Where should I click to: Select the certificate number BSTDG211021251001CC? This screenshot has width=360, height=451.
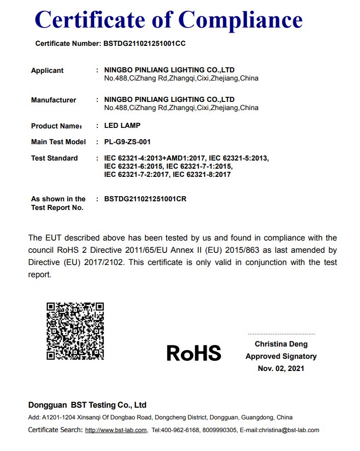point(145,43)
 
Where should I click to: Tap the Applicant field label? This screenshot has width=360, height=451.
point(47,70)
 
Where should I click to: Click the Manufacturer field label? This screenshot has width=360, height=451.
point(53,100)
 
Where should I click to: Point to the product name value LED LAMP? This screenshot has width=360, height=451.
point(122,125)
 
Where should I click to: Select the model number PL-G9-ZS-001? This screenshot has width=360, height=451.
point(127,142)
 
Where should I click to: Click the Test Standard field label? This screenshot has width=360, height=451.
point(54,158)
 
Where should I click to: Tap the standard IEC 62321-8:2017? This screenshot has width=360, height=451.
point(202,174)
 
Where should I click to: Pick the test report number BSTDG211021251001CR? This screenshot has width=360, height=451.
point(145,199)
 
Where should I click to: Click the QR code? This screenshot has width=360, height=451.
point(75,331)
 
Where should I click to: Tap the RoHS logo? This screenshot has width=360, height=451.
point(194,353)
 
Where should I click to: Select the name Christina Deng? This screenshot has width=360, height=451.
point(281,344)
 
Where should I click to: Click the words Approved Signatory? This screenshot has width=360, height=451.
point(281,356)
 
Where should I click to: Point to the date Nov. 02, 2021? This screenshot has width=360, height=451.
point(281,368)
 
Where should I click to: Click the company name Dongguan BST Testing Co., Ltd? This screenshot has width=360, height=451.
point(87,405)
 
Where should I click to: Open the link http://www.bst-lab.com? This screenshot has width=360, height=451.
point(116,430)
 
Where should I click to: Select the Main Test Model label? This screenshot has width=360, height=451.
point(59,142)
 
